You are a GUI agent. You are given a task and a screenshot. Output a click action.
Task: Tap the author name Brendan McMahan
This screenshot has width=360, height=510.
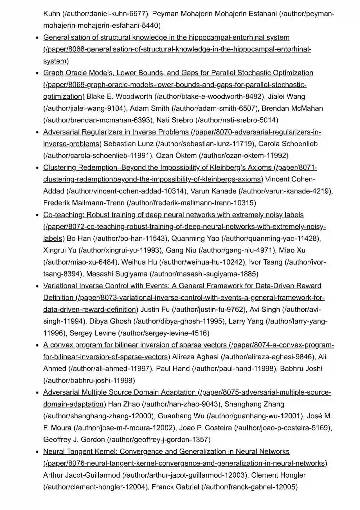click(x=292, y=108)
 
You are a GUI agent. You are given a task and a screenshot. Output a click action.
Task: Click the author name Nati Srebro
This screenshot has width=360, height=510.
click(x=175, y=120)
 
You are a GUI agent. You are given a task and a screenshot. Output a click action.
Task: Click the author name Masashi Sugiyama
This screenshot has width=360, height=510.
click(x=117, y=274)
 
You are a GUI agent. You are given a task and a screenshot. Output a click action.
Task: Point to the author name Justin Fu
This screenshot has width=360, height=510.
click(x=155, y=310)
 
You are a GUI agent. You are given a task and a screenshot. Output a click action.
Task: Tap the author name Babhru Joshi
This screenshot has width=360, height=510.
click(x=301, y=369)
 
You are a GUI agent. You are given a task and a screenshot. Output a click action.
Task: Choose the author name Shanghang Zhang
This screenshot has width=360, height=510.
click(x=254, y=404)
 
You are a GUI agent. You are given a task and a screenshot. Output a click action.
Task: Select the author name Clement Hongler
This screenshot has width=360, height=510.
click(x=278, y=475)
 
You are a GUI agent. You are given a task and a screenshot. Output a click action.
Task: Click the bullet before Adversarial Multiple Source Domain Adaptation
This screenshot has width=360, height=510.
click(x=38, y=393)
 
